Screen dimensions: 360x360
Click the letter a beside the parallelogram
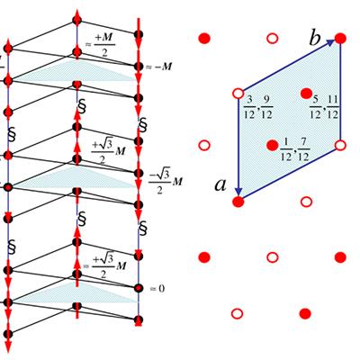click(220, 185)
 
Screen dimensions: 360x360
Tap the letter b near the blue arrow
click(315, 39)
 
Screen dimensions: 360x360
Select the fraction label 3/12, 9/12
click(258, 108)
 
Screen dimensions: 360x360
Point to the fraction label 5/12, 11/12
click(324, 107)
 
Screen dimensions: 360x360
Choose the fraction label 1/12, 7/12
click(295, 150)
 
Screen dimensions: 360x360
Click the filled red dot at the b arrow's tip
click(340, 39)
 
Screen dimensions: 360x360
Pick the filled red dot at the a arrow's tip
click(238, 202)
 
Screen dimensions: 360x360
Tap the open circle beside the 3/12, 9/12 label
click(238, 94)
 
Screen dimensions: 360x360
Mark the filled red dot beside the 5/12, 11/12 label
click(306, 94)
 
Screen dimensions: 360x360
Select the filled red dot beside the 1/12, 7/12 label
click(273, 145)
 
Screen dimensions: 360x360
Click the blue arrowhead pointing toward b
click(330, 43)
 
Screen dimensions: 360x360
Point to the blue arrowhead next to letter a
click(238, 191)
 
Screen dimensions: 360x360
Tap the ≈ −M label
click(159, 67)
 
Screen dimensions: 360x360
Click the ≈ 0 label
click(157, 289)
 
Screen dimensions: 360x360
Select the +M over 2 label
click(100, 44)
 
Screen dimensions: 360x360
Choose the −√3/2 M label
click(166, 182)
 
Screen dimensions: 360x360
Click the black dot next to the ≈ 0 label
click(139, 288)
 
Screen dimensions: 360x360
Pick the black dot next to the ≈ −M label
click(139, 67)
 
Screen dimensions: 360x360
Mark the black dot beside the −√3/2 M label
click(138, 173)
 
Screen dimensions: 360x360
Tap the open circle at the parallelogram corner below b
click(340, 146)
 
